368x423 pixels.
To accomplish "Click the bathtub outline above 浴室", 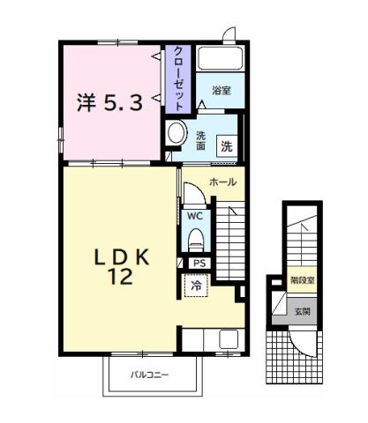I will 221,60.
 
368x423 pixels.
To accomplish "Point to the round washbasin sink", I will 176,134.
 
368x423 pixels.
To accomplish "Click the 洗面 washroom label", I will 201,140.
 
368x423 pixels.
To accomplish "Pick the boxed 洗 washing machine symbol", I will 227,146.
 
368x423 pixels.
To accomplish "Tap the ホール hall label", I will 222,182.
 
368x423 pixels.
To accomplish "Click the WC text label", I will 194,214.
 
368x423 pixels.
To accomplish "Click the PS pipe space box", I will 199,263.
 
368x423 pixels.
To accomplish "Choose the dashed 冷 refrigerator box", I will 196,286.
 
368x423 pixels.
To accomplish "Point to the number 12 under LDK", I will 121,278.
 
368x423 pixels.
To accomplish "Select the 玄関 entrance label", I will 303,310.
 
